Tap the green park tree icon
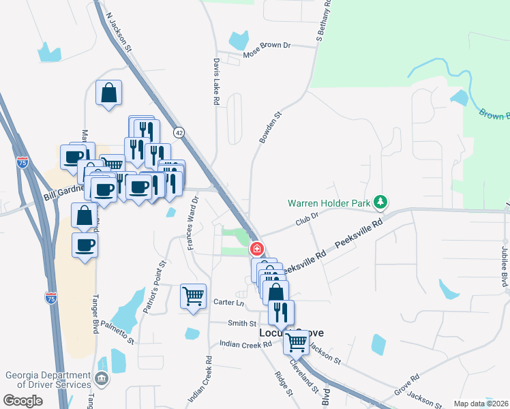tap(382, 202)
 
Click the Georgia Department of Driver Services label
tap(47, 380)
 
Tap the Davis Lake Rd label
tap(215, 80)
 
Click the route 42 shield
tap(179, 132)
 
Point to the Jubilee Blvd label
tap(505, 266)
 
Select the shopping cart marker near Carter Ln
tap(194, 297)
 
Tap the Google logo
tap(22, 401)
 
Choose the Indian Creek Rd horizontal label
tap(246, 345)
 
